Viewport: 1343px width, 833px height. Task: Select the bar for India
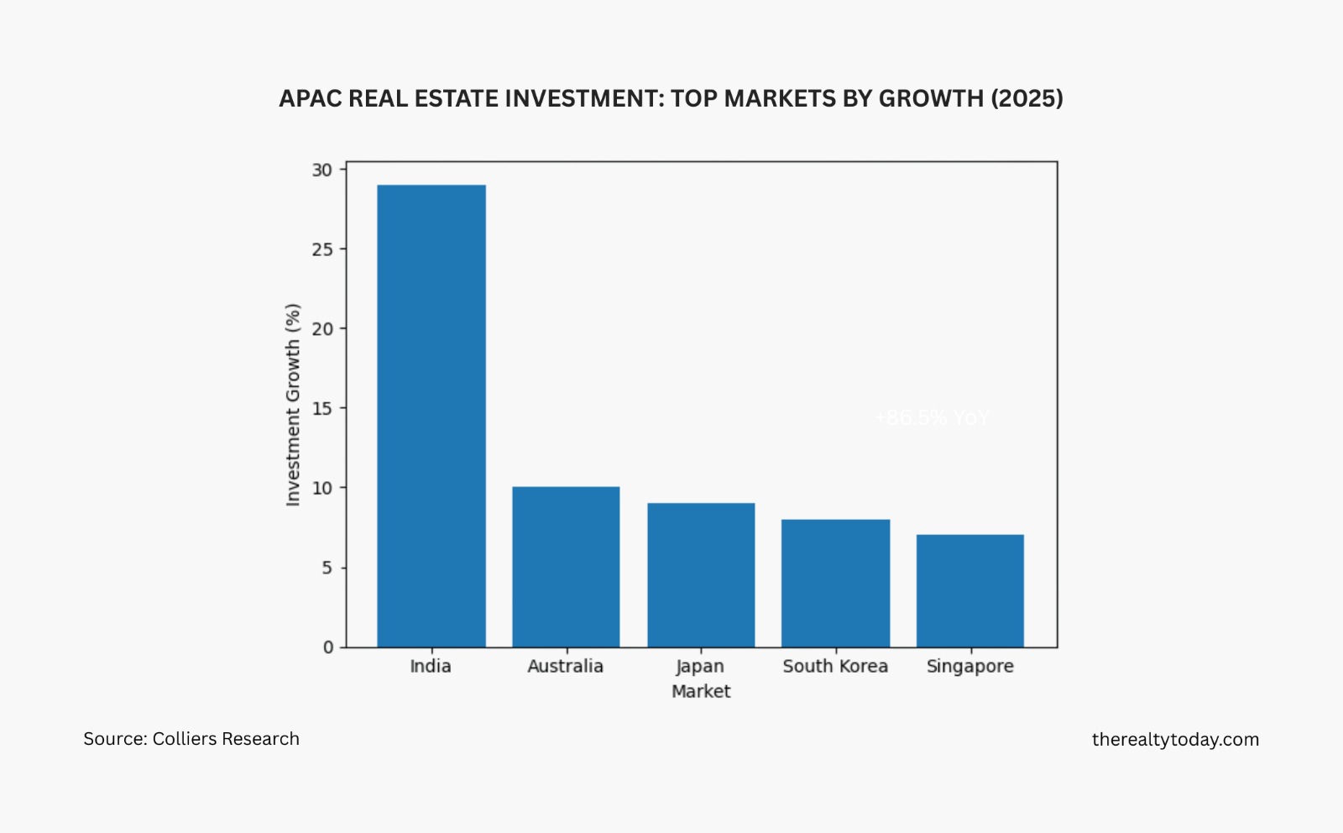431,416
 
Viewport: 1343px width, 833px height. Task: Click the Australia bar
566,567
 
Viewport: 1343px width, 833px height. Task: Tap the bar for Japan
701,575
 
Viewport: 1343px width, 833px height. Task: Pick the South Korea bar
835,583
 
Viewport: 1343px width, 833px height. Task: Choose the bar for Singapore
969,590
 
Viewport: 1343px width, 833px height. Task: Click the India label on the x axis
431,666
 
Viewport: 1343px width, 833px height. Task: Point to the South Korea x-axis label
835,666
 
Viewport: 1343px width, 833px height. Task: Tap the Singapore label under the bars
969,667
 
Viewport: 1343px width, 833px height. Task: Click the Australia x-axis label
566,666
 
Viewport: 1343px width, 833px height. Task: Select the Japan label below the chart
700,667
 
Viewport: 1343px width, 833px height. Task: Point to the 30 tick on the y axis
322,170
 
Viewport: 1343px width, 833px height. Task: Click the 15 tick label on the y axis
322,408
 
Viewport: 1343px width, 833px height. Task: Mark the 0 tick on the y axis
328,647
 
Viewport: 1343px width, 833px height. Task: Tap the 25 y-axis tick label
322,249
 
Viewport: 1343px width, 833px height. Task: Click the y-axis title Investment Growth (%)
293,405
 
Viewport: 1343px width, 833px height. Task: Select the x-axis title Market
701,691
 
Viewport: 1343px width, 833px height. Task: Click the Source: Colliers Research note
191,739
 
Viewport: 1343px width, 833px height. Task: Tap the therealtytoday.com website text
1175,739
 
